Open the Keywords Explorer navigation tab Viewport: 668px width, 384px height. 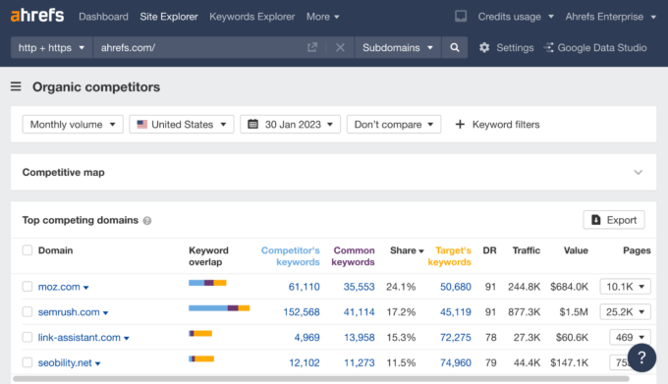[x=251, y=17]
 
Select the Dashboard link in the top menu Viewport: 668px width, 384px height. [x=103, y=17]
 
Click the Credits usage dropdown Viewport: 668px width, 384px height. [x=515, y=17]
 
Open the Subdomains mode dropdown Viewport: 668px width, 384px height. [x=397, y=47]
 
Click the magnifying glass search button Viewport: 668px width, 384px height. [x=454, y=47]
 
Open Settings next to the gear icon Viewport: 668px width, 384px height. [x=506, y=47]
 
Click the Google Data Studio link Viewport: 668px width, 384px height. [x=600, y=47]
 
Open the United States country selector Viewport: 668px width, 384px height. [x=183, y=125]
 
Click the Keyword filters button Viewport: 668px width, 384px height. [x=497, y=125]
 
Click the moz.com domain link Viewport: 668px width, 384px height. [x=59, y=287]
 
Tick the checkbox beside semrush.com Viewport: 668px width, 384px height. [x=28, y=312]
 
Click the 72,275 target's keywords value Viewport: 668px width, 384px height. [x=450, y=338]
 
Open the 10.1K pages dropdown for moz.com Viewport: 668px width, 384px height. [x=626, y=287]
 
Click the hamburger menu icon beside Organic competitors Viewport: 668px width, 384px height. [x=16, y=87]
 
